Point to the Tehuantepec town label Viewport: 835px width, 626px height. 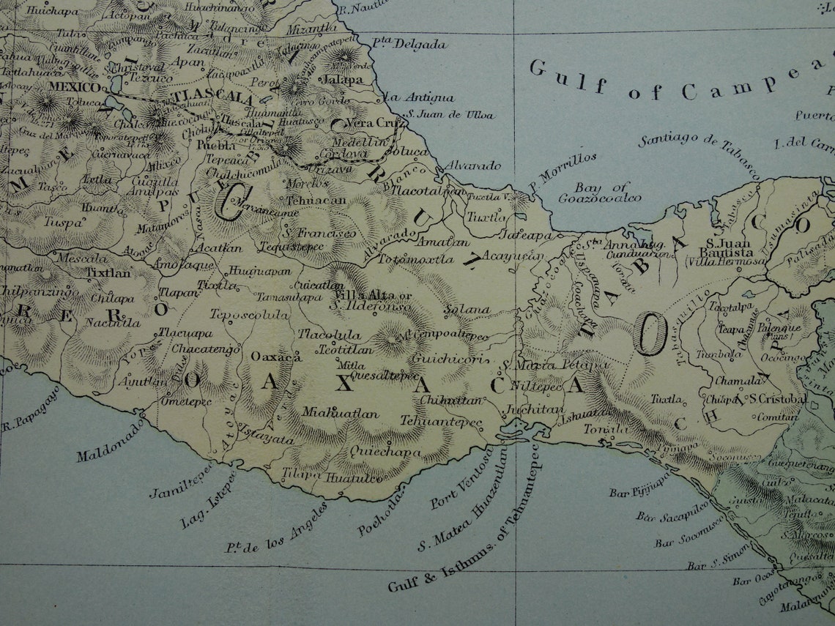[x=441, y=422]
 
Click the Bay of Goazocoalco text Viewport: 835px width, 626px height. [x=599, y=193]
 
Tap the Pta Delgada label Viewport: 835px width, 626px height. [x=409, y=44]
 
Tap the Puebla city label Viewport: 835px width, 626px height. [x=216, y=144]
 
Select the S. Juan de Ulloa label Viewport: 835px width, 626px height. [x=450, y=114]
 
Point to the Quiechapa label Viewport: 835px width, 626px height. [x=387, y=452]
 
